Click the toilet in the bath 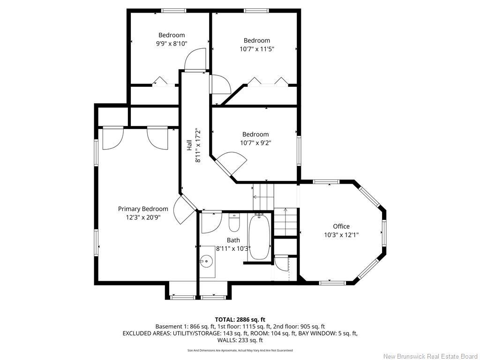pyautogui.click(x=234, y=223)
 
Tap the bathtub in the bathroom pyautogui.click(x=259, y=237)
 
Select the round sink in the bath pyautogui.click(x=206, y=261)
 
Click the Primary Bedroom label pyautogui.click(x=143, y=209)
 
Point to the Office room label pyautogui.click(x=341, y=226)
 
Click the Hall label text pyautogui.click(x=189, y=145)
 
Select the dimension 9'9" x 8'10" pyautogui.click(x=172, y=44)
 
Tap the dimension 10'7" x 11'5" pyautogui.click(x=257, y=49)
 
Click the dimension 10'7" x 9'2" pyautogui.click(x=255, y=142)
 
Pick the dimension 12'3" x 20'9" pyautogui.click(x=143, y=217)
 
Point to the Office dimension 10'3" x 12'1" pyautogui.click(x=341, y=235)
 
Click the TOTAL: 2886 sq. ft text pyautogui.click(x=240, y=320)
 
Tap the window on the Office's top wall pyautogui.click(x=326, y=182)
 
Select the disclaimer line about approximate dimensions pyautogui.click(x=240, y=350)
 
